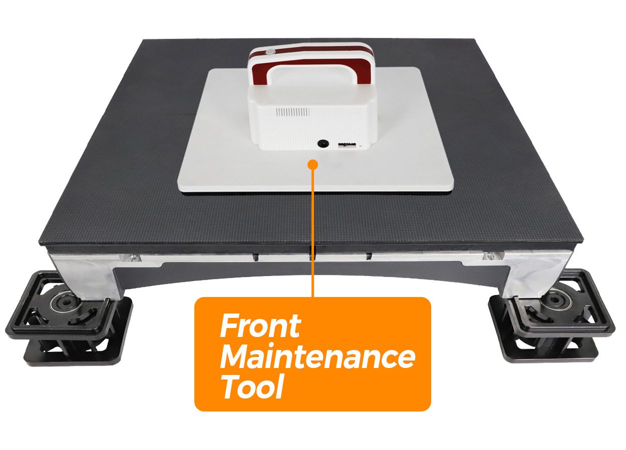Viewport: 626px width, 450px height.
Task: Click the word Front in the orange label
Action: pos(260,326)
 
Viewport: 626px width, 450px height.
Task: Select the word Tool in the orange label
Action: pos(251,387)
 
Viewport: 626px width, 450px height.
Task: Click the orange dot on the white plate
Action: pos(312,164)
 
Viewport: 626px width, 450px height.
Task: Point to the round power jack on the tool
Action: pos(323,143)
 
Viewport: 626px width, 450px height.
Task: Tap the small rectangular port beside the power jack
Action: pos(347,145)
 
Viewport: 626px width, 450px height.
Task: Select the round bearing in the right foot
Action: pos(551,301)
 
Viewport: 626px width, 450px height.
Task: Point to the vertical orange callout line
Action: pos(312,231)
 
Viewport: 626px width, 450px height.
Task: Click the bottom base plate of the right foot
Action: pos(549,353)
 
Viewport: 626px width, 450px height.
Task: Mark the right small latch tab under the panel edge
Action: pos(369,256)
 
